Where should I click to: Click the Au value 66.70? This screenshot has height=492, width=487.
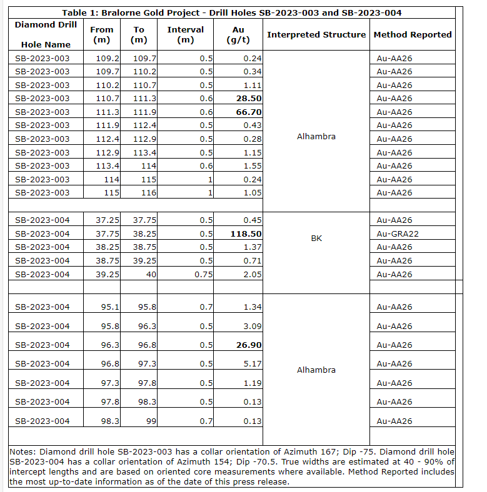pos(248,112)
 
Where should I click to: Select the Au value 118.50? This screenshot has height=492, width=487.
pos(246,234)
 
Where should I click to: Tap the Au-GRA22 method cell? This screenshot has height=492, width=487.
pos(397,234)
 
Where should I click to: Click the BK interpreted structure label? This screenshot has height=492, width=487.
pos(316,239)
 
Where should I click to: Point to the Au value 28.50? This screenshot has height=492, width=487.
pos(248,99)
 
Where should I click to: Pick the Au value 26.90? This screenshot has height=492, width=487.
pos(248,345)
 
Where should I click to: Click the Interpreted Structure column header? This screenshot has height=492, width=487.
pos(316,35)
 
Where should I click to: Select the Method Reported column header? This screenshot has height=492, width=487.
pos(413,35)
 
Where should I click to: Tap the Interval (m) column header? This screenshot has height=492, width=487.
pos(186,35)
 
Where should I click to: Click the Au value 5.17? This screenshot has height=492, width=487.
pos(253,364)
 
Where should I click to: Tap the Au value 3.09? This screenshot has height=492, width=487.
pos(253,327)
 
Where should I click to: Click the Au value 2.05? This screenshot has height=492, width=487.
pos(253,274)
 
